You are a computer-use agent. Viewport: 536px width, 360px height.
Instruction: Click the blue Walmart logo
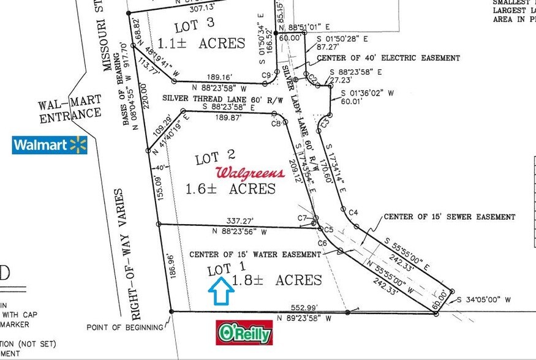pyautogui.click(x=50, y=145)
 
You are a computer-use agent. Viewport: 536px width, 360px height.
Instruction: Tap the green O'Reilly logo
pyautogui.click(x=244, y=332)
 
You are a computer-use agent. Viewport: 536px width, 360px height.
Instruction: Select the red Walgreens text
pyautogui.click(x=250, y=173)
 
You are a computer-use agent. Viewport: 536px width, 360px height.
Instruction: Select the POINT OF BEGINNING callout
pyautogui.click(x=125, y=327)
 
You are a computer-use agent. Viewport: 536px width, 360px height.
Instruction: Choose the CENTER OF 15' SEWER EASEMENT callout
pyautogui.click(x=450, y=217)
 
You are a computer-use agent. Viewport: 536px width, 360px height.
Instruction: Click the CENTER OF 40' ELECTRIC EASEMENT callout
pyautogui.click(x=388, y=58)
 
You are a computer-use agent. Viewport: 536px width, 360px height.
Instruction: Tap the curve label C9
pyautogui.click(x=266, y=76)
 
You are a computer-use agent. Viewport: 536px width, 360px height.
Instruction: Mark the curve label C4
pyautogui.click(x=352, y=212)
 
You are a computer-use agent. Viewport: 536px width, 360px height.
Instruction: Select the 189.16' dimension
pyautogui.click(x=219, y=78)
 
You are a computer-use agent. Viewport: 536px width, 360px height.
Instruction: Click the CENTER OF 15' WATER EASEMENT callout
pyautogui.click(x=255, y=253)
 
